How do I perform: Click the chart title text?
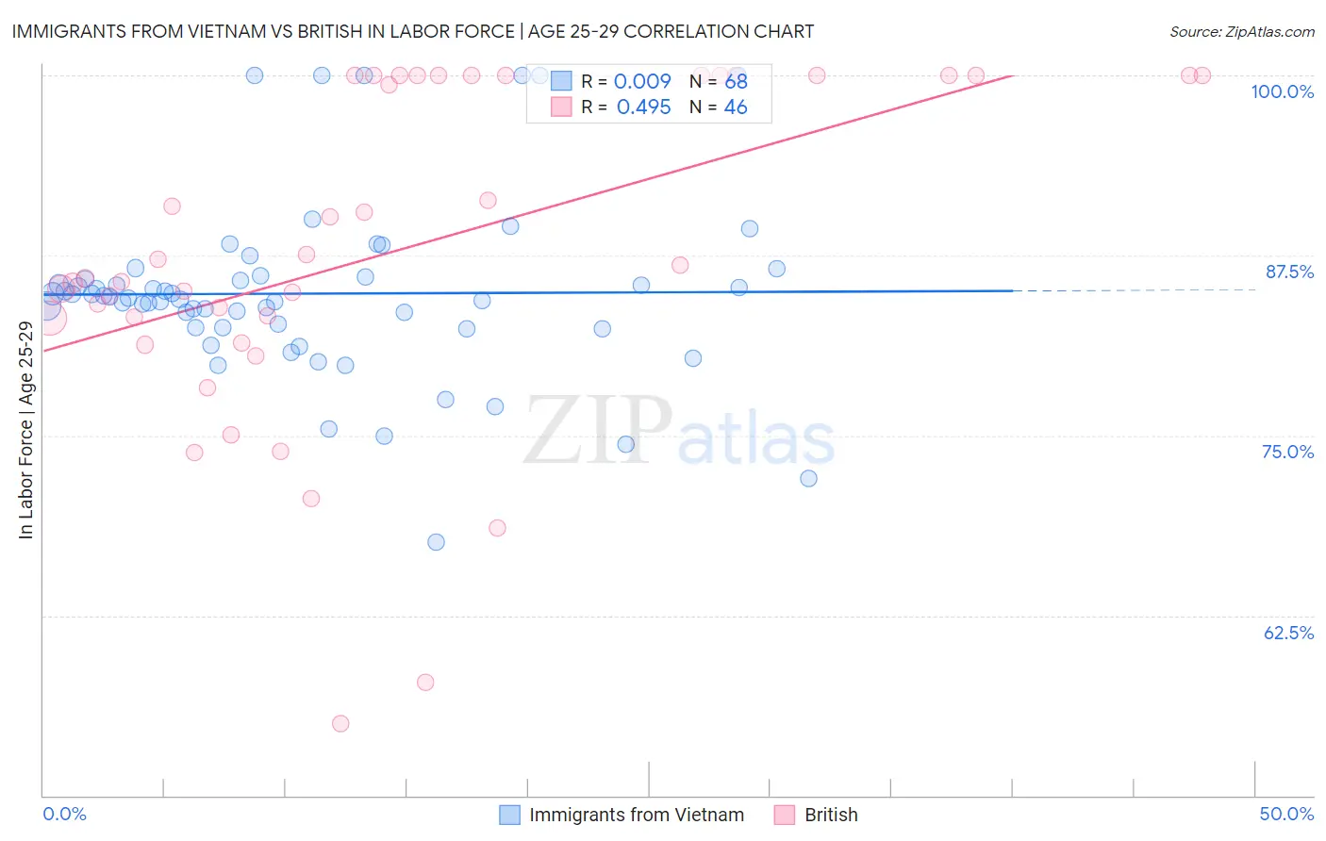pos(412,31)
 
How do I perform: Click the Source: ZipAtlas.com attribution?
pos(1241,31)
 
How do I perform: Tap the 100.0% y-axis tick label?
pos(1282,91)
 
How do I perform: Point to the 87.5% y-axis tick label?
pos(1289,272)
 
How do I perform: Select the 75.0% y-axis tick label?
pos(1287,452)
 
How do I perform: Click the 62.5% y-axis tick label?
pos(1288,633)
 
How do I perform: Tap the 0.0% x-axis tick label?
pos(64,814)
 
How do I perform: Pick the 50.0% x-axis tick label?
pos(1286,814)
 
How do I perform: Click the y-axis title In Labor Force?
pos(25,430)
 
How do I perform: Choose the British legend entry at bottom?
pos(830,815)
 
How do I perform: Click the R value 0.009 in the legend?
pos(642,82)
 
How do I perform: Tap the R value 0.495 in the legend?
pos(643,107)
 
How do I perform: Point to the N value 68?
pos(736,82)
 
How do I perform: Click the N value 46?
pos(736,107)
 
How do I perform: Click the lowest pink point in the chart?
pos(340,723)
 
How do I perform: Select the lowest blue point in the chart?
pos(436,542)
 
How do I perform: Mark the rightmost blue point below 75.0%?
pos(808,478)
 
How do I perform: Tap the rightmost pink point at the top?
pos(1202,75)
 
